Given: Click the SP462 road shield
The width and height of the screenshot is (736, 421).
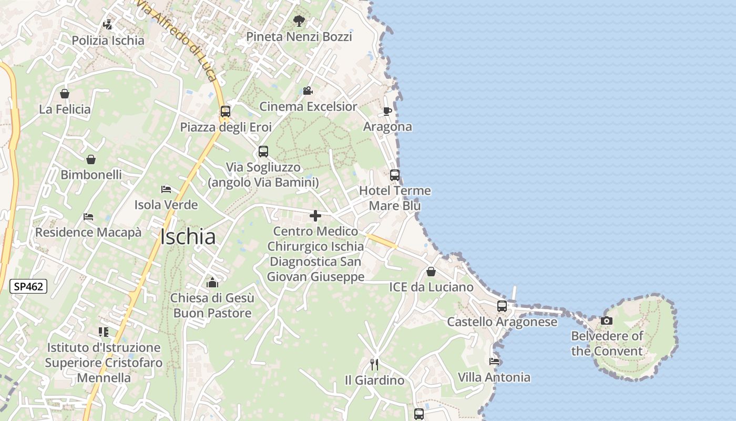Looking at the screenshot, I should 29,287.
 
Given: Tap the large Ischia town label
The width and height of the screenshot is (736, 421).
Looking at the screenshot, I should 188,237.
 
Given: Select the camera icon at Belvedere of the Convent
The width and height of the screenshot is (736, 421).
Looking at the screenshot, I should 607,320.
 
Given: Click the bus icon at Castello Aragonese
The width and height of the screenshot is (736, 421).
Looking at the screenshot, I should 502,306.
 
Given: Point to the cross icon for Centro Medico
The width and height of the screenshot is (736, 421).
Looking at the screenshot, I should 315,216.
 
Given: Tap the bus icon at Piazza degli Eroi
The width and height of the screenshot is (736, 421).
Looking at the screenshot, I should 226,112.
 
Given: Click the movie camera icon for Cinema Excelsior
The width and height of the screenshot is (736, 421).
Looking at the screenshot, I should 308,91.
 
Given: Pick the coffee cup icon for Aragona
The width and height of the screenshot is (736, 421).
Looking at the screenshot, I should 387,111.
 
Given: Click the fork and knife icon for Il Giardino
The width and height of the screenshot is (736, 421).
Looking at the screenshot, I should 374,364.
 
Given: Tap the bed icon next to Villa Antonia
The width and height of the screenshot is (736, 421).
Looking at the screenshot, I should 494,362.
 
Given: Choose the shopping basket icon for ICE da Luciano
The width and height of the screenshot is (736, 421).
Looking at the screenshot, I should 431,272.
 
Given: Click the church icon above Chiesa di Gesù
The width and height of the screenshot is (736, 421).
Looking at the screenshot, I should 212,283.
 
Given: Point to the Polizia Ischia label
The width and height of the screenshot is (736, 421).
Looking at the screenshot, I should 108,41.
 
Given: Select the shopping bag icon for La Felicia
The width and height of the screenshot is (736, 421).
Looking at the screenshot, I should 65,94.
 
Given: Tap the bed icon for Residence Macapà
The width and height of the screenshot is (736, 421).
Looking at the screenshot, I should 88,217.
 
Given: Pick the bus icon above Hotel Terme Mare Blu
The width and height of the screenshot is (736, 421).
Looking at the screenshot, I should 395,175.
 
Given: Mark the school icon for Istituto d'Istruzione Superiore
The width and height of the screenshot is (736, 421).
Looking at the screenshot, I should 104,332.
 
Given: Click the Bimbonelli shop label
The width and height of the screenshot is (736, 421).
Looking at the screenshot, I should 91,175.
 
